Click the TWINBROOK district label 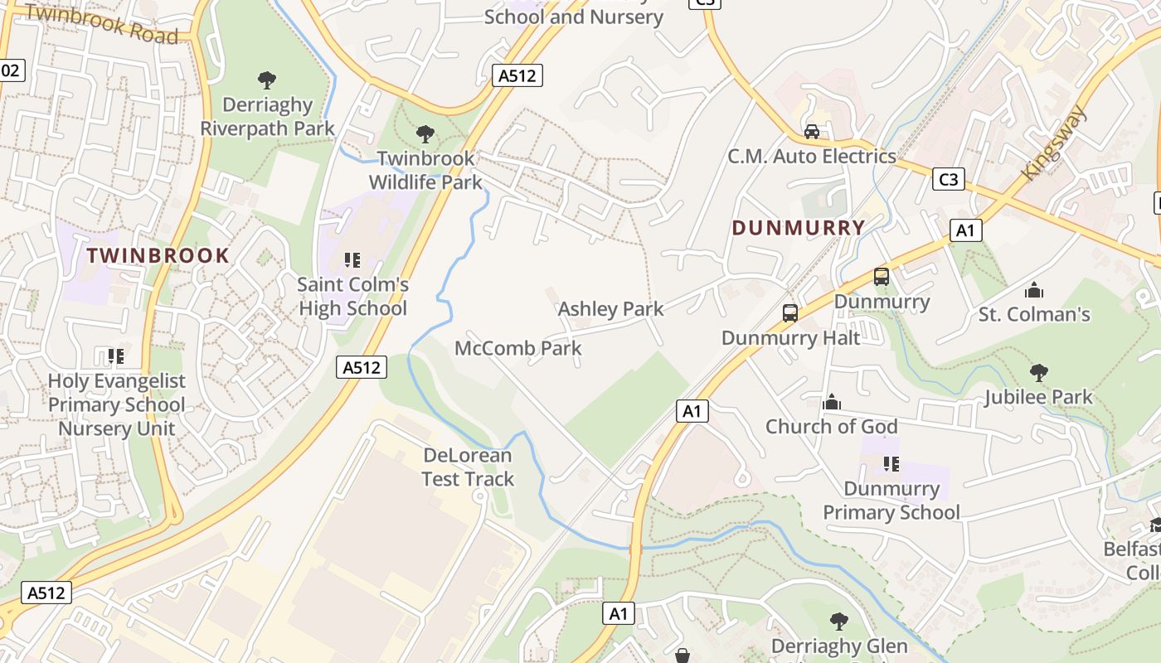click(x=158, y=255)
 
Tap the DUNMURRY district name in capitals click(x=799, y=228)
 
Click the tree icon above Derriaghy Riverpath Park click(x=267, y=80)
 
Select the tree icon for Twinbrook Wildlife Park click(x=425, y=133)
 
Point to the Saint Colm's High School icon click(x=352, y=260)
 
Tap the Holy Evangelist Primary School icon click(x=116, y=356)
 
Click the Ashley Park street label click(x=611, y=309)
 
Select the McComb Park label click(x=518, y=348)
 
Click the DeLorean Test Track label click(x=468, y=467)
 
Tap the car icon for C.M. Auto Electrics click(x=812, y=132)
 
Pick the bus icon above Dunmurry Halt click(x=790, y=313)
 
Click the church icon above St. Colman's click(x=1033, y=290)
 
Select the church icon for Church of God click(x=832, y=403)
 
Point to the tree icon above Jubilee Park click(x=1038, y=373)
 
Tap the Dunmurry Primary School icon click(x=891, y=463)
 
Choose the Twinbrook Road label click(x=101, y=23)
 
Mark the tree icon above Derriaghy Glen click(x=838, y=621)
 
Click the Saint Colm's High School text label click(x=352, y=297)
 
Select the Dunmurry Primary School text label click(x=891, y=501)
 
